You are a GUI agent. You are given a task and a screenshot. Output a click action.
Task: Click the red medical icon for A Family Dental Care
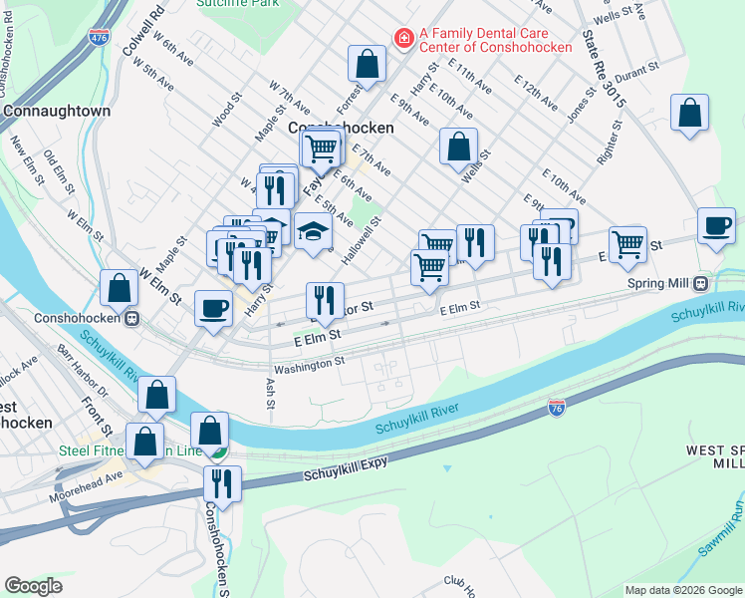click(404, 38)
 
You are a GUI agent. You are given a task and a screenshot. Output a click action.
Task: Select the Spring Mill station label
click(658, 283)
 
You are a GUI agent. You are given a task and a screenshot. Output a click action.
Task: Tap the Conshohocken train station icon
click(131, 319)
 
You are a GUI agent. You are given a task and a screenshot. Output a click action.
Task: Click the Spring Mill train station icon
click(700, 283)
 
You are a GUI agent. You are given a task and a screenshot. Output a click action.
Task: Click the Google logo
click(33, 586)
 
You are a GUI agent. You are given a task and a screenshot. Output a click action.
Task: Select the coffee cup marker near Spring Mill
click(716, 226)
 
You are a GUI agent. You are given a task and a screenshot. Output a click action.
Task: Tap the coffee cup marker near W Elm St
click(213, 308)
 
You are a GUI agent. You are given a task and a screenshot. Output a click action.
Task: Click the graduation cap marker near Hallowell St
click(313, 232)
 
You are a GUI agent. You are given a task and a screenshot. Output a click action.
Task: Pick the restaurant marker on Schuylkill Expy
click(222, 483)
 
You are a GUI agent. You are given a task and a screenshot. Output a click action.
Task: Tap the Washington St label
click(309, 365)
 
